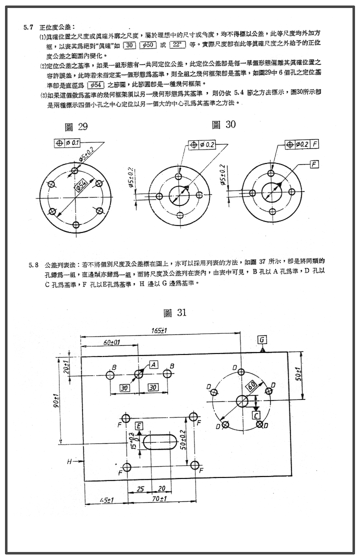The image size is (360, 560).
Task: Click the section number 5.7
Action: [x=28, y=26]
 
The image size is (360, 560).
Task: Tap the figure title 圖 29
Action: [x=76, y=126]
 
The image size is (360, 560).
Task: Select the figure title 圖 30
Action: [x=223, y=124]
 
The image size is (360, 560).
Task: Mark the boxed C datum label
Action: [x=256, y=414]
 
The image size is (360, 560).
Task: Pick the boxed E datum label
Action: [x=139, y=425]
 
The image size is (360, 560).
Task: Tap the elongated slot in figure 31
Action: [x=159, y=441]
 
